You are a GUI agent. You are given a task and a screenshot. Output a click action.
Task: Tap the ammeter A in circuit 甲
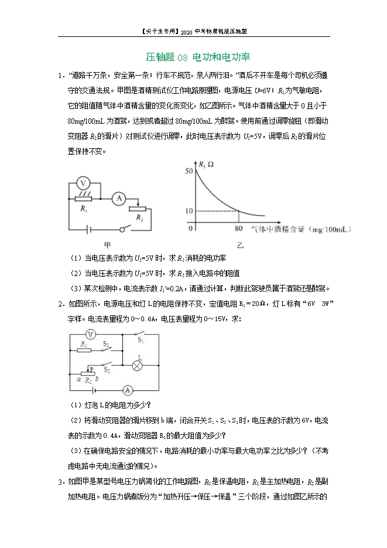[x=118, y=199]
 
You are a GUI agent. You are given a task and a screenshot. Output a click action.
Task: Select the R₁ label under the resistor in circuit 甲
[x=84, y=209]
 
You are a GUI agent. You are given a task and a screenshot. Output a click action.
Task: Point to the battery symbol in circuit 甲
[x=90, y=229]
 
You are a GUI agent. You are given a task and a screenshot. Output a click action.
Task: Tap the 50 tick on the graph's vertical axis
[x=188, y=171]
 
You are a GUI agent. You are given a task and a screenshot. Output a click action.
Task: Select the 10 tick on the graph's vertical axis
[x=188, y=210]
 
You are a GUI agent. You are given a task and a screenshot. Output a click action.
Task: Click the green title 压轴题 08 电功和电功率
[x=197, y=57]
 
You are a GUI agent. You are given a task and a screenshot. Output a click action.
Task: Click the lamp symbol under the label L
[x=139, y=365]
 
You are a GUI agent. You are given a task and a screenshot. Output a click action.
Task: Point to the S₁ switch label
[x=141, y=340]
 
